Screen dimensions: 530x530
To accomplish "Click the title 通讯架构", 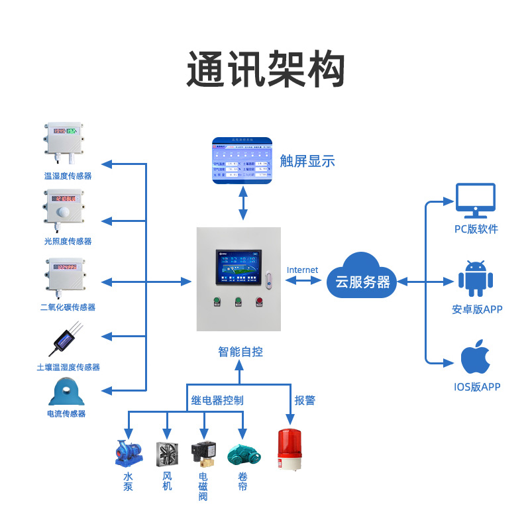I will click(x=265, y=70).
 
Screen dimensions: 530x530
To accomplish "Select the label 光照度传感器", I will click(x=68, y=241).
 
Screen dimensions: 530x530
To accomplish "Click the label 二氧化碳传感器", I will click(x=68, y=307).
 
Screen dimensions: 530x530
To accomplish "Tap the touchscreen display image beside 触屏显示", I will click(x=242, y=161).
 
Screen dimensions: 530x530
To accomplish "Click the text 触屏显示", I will click(x=307, y=161).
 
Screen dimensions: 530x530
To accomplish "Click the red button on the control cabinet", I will click(x=258, y=303).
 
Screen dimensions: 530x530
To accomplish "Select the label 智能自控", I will click(x=240, y=352).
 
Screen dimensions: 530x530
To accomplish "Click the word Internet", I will click(x=302, y=270).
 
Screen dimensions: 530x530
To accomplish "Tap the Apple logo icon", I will click(x=476, y=358).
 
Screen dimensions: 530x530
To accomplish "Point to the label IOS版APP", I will click(x=476, y=387).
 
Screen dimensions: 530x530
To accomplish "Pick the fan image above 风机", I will click(x=168, y=454).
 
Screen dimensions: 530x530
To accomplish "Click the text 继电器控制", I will click(x=217, y=400).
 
